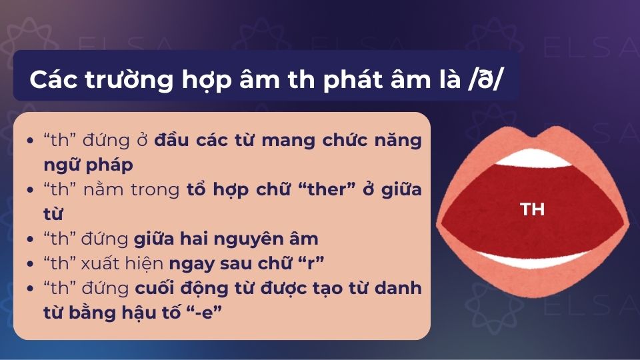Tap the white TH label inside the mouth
click(533, 209)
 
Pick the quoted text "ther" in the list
click(319, 189)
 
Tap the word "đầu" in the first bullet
click(172, 141)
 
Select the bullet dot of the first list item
click(32, 141)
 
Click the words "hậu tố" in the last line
click(154, 311)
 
